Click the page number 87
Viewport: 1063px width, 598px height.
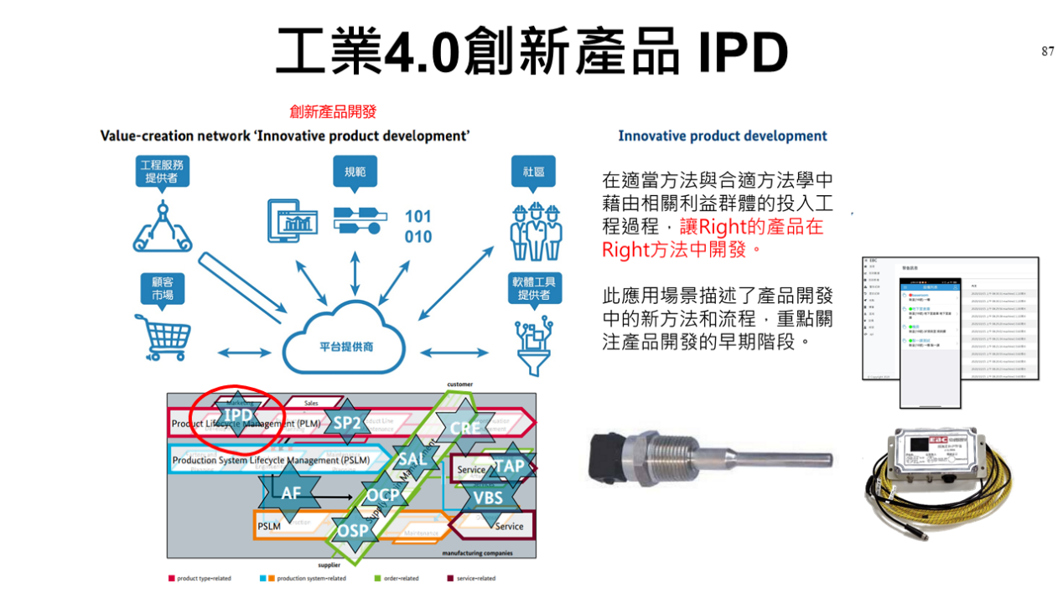coord(1048,52)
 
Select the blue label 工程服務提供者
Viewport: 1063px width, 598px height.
coord(162,171)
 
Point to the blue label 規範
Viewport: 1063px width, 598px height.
coord(355,172)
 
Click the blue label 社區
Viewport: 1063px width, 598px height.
coord(533,172)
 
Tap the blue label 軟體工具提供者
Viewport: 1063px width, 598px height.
coord(533,288)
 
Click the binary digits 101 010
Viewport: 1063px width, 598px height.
coord(417,226)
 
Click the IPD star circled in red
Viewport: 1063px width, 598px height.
coord(238,415)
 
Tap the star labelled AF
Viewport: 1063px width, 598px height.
coord(290,493)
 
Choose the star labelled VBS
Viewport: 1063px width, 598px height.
coord(488,498)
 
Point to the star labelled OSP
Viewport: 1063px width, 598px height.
coord(353,530)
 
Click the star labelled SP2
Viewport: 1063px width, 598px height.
coord(346,423)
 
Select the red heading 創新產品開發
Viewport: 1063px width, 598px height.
coord(333,111)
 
